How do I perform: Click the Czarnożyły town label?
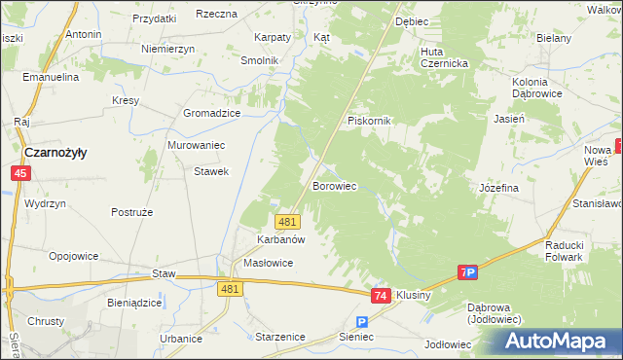55,153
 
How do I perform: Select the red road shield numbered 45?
20,173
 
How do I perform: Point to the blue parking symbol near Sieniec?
362,322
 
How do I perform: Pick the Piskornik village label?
369,121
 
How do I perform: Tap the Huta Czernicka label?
445,57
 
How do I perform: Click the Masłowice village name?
268,263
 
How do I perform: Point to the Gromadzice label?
211,113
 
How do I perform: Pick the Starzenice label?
279,337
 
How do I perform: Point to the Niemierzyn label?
167,49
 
